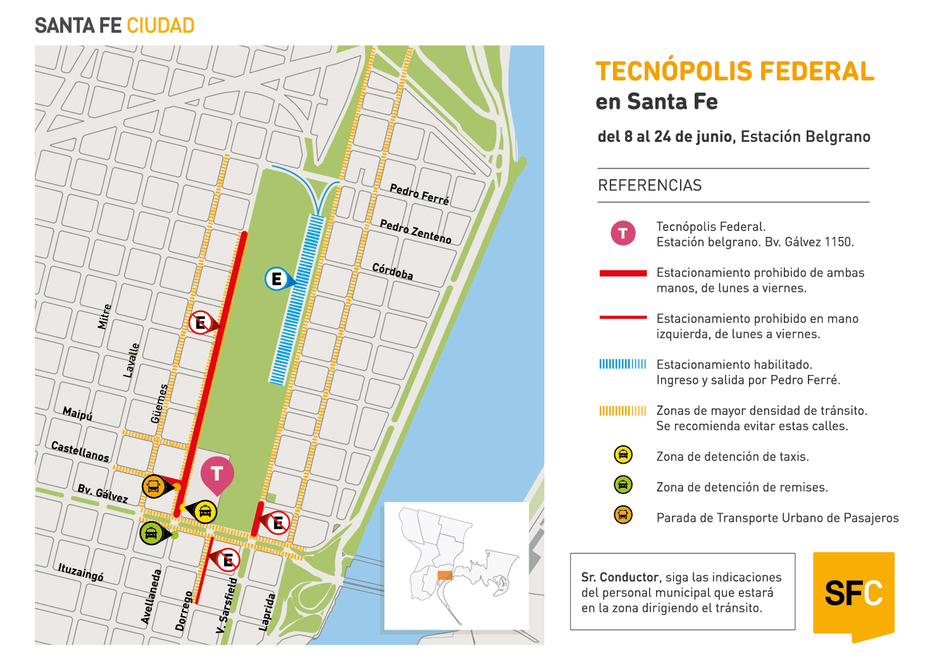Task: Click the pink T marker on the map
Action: click(x=217, y=473)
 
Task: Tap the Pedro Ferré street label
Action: click(x=419, y=194)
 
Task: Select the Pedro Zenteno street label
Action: click(x=416, y=232)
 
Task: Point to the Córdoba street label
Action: click(x=392, y=271)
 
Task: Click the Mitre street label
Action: click(x=104, y=317)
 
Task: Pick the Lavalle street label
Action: click(x=131, y=360)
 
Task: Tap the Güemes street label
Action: click(x=159, y=403)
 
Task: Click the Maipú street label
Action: click(x=77, y=414)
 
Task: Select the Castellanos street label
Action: click(x=80, y=452)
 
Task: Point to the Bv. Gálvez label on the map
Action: click(x=102, y=493)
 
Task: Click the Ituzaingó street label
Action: click(x=80, y=572)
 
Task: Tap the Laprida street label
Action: click(x=268, y=612)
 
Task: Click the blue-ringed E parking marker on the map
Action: click(x=276, y=279)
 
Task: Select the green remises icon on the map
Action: click(x=151, y=533)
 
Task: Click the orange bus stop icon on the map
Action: click(x=153, y=486)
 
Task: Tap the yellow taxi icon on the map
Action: click(x=205, y=512)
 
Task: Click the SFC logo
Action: click(x=853, y=594)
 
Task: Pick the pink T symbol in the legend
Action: click(x=623, y=233)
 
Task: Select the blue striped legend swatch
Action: click(x=623, y=364)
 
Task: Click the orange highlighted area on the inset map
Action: click(x=445, y=575)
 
